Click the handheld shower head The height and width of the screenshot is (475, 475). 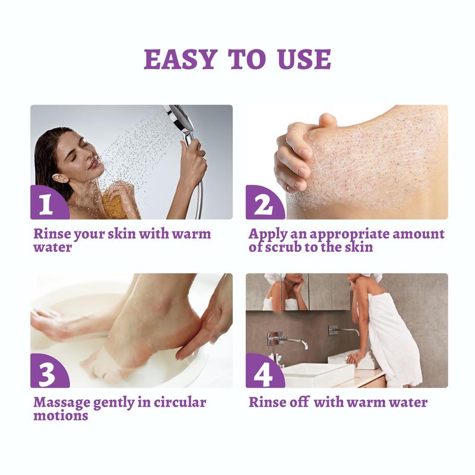(x=180, y=122)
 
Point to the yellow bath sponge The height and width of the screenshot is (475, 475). (x=114, y=202)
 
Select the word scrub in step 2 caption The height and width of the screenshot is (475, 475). (x=285, y=247)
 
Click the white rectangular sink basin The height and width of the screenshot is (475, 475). (x=317, y=374)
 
